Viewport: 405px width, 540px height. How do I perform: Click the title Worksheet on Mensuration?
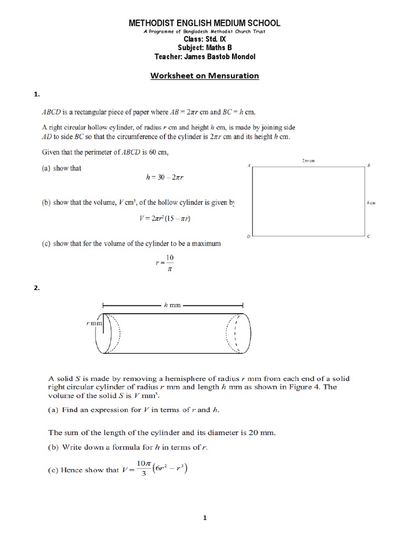(x=205, y=75)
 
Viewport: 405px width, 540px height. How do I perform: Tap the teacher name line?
(x=205, y=56)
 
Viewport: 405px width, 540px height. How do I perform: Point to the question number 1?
(x=36, y=94)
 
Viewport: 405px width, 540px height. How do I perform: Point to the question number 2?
(x=36, y=288)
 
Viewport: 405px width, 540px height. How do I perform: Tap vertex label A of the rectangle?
(x=248, y=166)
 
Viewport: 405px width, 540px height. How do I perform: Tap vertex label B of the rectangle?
(x=369, y=166)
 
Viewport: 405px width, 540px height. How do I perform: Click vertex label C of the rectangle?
(x=369, y=236)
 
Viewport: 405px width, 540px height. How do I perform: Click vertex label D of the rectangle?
(x=248, y=236)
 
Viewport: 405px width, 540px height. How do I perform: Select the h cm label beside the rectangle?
(x=372, y=202)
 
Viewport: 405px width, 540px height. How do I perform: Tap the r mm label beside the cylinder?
(x=95, y=322)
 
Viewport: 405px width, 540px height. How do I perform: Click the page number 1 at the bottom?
(x=205, y=518)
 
